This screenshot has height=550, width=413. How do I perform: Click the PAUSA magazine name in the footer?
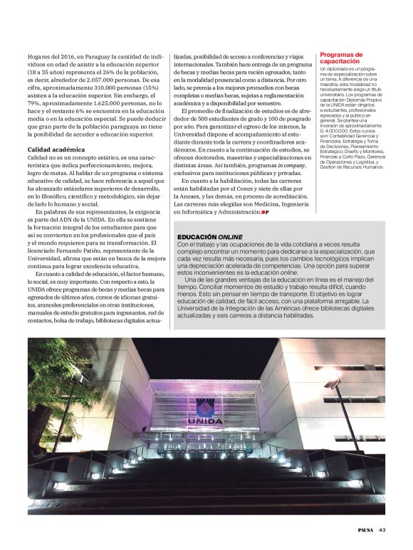pyautogui.click(x=365, y=529)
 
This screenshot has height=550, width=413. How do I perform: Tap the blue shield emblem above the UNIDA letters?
pyautogui.click(x=205, y=406)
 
